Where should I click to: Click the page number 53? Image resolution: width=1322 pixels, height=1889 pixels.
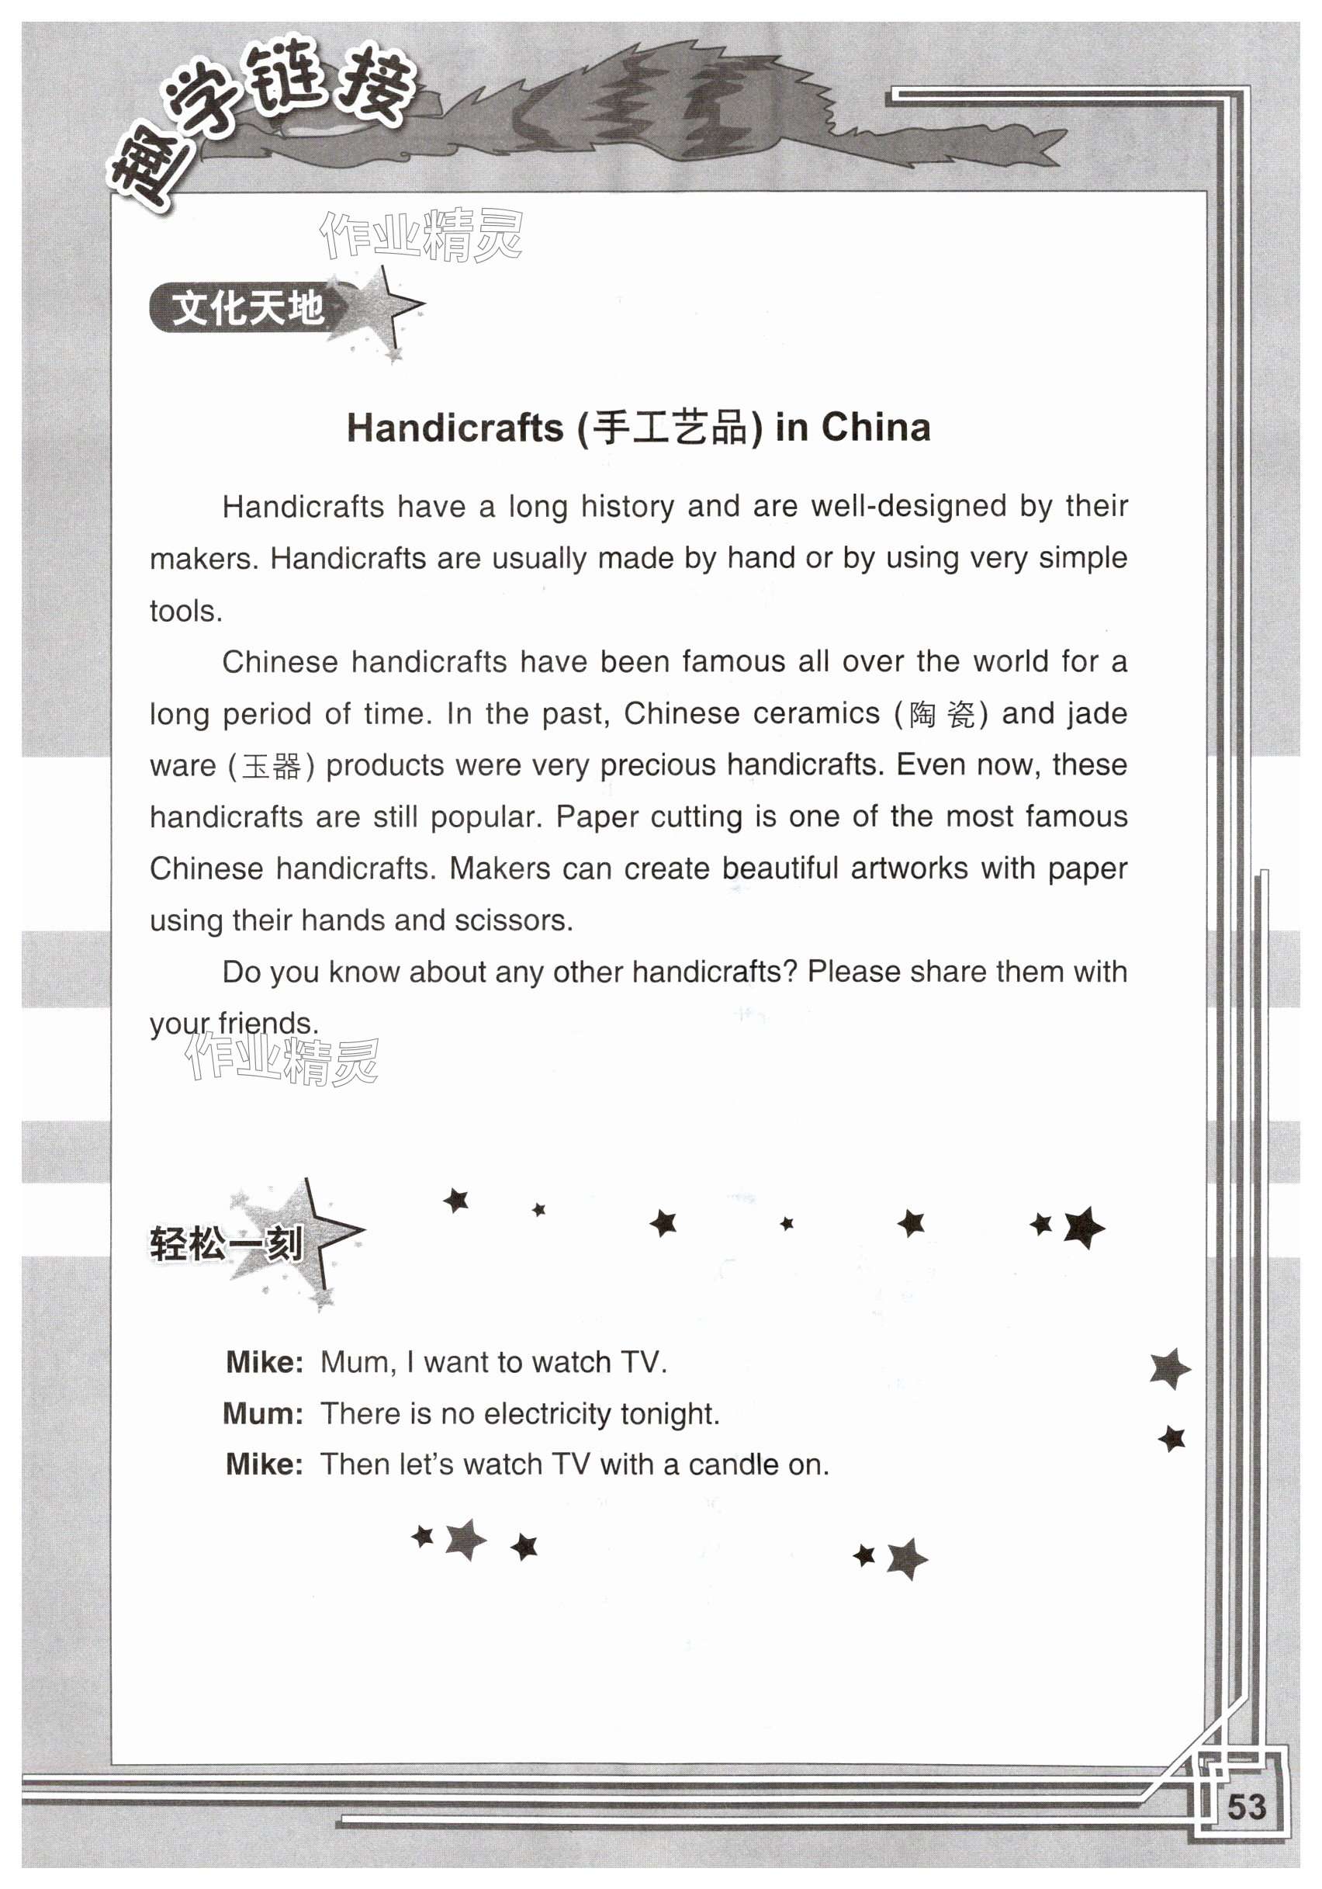coord(1245,1807)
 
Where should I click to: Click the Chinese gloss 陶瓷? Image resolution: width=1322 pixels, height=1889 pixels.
coord(941,714)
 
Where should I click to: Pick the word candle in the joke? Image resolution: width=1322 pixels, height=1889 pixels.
coord(736,1464)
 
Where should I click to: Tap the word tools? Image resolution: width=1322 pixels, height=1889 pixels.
coord(185,612)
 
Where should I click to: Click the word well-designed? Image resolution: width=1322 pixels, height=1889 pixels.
coord(908,506)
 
